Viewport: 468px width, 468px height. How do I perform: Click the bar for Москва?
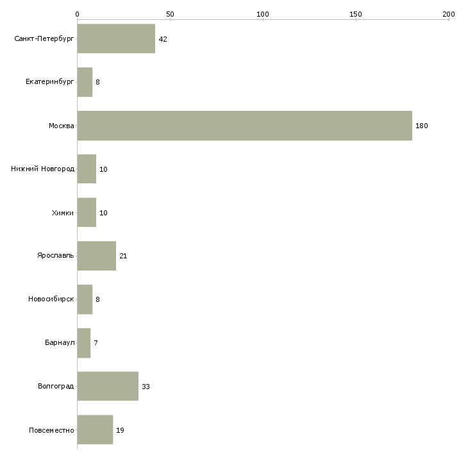point(244,126)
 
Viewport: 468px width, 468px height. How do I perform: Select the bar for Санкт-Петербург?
point(116,38)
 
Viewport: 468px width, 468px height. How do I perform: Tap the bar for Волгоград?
point(108,386)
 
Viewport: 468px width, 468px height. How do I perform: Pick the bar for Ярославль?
point(96,256)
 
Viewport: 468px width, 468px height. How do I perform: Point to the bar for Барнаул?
point(83,343)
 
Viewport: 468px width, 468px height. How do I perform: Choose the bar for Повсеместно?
point(95,430)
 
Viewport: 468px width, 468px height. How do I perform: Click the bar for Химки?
point(87,212)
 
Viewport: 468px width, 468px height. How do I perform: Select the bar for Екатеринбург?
point(85,82)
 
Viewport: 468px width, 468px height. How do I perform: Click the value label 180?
point(421,126)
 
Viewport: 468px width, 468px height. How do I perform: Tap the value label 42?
point(163,39)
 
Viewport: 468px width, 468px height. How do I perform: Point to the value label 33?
point(146,387)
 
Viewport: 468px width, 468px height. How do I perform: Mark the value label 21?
point(123,256)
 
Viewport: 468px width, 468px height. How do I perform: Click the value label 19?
point(120,430)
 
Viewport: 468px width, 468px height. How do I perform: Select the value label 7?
point(96,343)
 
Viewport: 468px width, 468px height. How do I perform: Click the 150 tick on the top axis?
point(356,13)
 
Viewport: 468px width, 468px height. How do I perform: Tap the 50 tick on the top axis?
point(170,13)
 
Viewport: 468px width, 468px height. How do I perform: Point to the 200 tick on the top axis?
point(449,13)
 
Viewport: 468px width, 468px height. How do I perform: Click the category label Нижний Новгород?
point(42,169)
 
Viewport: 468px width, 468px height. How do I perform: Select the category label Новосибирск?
point(51,299)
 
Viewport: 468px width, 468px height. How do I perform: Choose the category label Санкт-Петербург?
point(44,39)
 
